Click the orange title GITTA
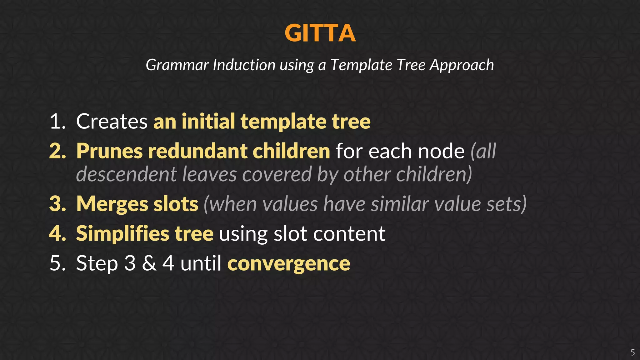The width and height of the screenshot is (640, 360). (320, 33)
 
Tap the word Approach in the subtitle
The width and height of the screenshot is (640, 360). (462, 65)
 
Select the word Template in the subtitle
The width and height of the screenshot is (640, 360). (361, 65)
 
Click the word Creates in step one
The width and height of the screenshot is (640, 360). (112, 121)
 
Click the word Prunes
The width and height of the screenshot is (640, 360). (110, 151)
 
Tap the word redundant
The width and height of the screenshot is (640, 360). (197, 151)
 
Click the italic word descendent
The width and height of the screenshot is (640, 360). (127, 174)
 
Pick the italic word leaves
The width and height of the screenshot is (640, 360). (209, 174)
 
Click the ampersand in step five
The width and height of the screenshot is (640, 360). (149, 263)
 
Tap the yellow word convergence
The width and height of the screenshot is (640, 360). (288, 264)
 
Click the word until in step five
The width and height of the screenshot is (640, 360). (201, 263)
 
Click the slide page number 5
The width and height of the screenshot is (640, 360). (632, 352)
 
